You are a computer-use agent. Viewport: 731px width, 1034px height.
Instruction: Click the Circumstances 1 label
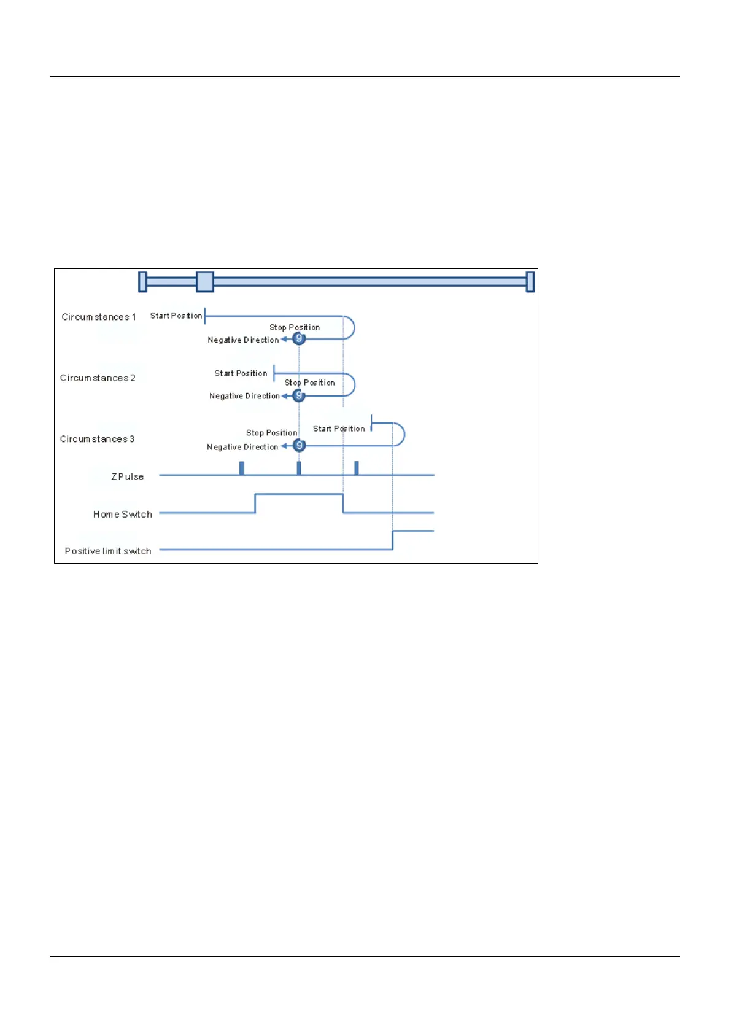98,317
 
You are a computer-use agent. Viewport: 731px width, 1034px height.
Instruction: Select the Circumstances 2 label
98,378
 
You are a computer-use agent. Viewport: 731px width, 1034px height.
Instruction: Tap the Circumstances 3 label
97,439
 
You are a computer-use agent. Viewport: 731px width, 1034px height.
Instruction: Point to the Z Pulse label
127,476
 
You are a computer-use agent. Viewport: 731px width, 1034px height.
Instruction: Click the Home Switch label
122,515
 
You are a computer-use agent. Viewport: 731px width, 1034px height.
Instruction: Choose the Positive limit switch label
108,551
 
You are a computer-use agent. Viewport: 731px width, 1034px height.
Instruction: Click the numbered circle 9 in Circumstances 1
299,338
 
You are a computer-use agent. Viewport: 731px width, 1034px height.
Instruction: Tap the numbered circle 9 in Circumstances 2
299,395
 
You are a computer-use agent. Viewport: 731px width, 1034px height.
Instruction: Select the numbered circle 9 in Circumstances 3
299,445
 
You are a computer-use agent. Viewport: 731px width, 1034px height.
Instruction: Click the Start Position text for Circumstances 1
176,316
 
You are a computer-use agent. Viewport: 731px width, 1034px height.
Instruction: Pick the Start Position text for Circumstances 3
339,429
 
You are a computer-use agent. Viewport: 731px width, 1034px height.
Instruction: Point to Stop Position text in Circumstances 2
309,383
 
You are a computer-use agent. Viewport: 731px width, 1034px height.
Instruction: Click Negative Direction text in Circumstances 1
243,340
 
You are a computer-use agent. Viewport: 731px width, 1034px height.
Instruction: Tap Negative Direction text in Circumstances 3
242,447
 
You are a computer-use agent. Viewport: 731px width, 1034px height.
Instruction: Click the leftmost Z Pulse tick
242,468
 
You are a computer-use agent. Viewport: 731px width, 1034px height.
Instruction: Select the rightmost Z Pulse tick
357,468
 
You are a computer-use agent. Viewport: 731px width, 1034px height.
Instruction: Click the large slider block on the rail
205,282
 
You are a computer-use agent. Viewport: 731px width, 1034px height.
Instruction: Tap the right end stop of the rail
530,282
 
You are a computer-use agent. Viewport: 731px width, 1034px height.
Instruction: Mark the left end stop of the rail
143,282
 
